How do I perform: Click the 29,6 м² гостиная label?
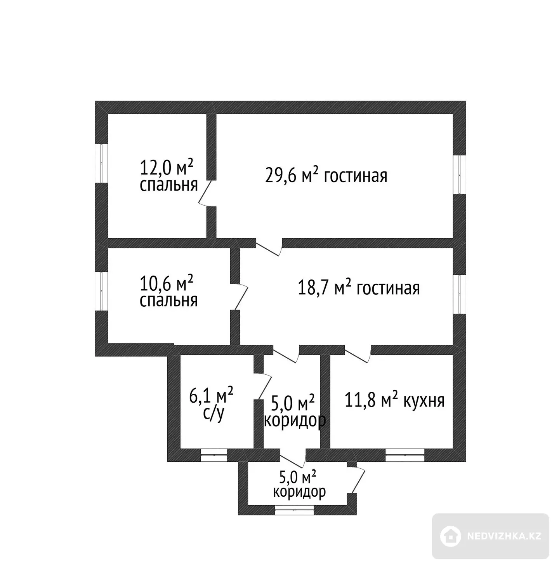click(x=326, y=175)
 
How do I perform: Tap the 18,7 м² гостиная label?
click(x=359, y=288)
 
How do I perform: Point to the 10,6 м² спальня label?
click(x=168, y=291)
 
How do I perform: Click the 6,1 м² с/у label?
click(x=211, y=404)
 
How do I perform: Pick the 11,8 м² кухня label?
click(x=394, y=401)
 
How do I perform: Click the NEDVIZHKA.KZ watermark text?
click(x=504, y=536)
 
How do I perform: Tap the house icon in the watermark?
click(x=450, y=536)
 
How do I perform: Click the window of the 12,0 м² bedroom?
click(x=101, y=163)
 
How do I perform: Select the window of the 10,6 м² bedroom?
click(x=101, y=291)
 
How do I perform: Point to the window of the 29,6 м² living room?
click(x=460, y=175)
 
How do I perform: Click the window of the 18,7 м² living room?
click(x=460, y=294)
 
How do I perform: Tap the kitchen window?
click(x=405, y=455)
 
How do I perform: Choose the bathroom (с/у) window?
click(x=214, y=455)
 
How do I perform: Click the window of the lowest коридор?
click(x=294, y=510)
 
